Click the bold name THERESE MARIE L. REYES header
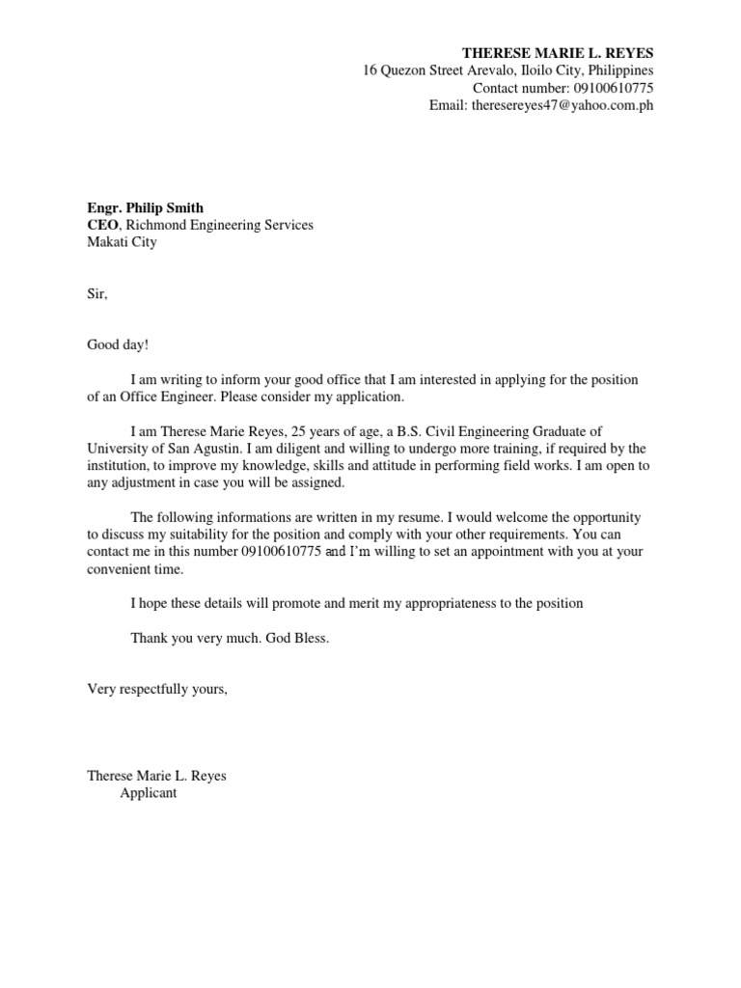(x=558, y=52)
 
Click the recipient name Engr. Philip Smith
(x=146, y=207)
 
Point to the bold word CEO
(x=102, y=225)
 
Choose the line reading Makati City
(x=122, y=242)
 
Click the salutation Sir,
(x=97, y=294)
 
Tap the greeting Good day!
(x=119, y=346)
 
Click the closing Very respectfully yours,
(x=157, y=690)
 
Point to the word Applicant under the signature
(x=149, y=793)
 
